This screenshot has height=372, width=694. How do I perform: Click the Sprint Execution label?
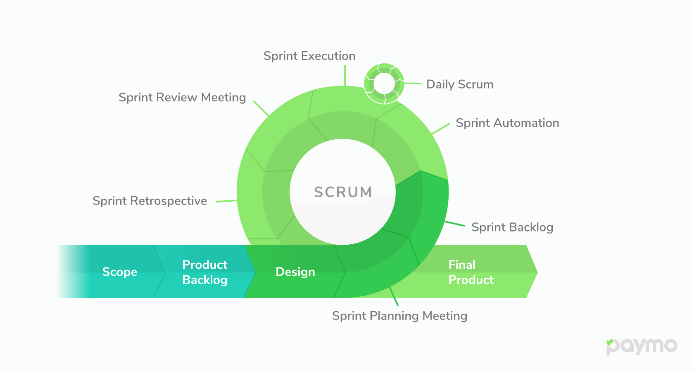(x=309, y=56)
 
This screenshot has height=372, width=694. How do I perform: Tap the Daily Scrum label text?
(x=460, y=84)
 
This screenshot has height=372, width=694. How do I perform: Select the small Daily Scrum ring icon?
(x=384, y=83)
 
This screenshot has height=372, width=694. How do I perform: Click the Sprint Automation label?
(x=507, y=123)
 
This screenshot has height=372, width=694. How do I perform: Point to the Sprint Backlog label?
(x=512, y=227)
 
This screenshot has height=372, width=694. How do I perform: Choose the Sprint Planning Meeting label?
(x=399, y=316)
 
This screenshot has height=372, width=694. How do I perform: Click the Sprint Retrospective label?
(x=150, y=201)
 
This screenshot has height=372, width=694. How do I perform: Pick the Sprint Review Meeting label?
(x=182, y=98)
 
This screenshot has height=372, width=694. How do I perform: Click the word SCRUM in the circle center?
(x=343, y=192)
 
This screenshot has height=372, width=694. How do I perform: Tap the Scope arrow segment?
(x=119, y=272)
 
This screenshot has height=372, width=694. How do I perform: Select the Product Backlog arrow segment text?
(x=205, y=272)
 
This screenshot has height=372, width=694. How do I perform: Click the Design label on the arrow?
(x=295, y=272)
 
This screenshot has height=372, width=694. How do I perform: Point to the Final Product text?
(x=471, y=272)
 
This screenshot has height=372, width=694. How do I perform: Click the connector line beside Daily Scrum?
(x=412, y=83)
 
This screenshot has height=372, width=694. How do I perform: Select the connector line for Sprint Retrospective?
(x=226, y=201)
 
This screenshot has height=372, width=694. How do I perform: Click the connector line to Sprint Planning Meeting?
(x=394, y=297)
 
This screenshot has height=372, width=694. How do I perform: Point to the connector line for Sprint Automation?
(x=440, y=129)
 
